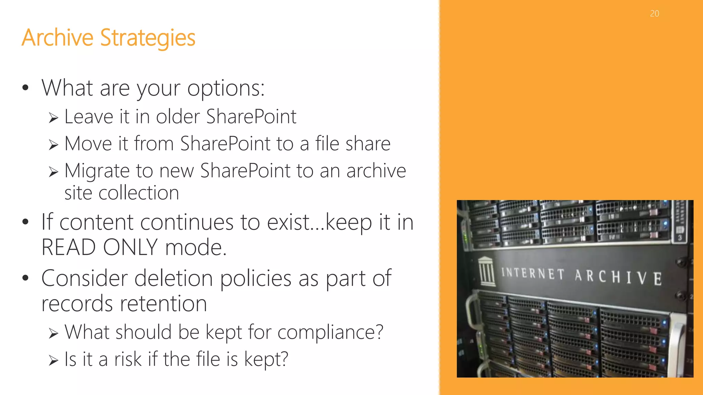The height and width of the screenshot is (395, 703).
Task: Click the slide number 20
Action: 654,14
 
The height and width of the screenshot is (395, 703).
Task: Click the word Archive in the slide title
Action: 57,37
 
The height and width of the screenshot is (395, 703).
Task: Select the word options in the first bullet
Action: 226,88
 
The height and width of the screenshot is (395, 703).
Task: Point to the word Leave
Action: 89,117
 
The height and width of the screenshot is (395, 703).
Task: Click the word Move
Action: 88,143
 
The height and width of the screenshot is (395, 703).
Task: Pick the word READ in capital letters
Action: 69,247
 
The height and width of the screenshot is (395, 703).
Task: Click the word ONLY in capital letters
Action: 130,247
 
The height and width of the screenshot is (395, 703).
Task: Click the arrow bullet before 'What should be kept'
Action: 53,333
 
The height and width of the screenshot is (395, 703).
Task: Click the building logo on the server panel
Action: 487,271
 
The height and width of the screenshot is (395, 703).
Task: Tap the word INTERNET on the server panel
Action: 533,274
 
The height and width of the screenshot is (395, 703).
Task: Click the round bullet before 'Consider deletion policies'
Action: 25,278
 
